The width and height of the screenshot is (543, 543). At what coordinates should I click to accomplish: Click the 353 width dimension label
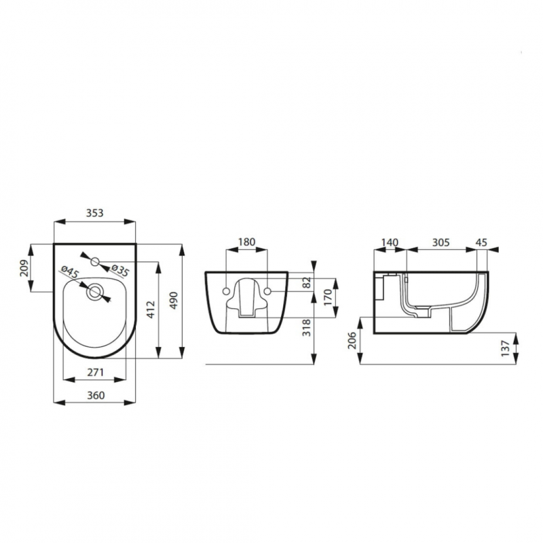click(x=94, y=212)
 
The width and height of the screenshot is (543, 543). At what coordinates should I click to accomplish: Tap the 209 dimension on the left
click(x=24, y=268)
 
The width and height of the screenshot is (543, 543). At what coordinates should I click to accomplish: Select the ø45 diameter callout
click(x=69, y=271)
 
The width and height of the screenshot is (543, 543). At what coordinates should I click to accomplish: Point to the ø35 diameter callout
click(x=120, y=270)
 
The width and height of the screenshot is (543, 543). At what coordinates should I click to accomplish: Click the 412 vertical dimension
click(x=151, y=310)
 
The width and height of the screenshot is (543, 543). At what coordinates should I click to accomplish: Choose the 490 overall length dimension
click(x=174, y=300)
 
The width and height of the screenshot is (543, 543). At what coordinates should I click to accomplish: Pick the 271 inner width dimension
click(x=95, y=372)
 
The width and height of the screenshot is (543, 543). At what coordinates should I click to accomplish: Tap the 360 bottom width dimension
click(x=96, y=395)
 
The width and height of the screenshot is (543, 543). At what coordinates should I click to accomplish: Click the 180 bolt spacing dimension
click(x=246, y=242)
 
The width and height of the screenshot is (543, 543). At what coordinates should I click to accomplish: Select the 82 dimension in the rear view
click(x=307, y=282)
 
